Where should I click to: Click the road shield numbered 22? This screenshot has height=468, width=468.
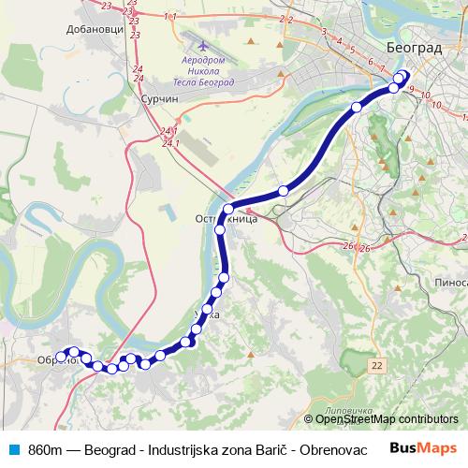[x=375, y=363]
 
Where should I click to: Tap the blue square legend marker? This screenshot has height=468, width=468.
[x=12, y=447]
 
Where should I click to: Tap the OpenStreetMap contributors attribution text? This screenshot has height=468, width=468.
[x=387, y=419]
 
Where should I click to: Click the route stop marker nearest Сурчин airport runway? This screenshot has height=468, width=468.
[x=283, y=191]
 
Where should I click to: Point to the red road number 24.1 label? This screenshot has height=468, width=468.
[x=169, y=137]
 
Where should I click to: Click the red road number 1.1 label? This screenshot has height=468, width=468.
[x=169, y=17]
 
